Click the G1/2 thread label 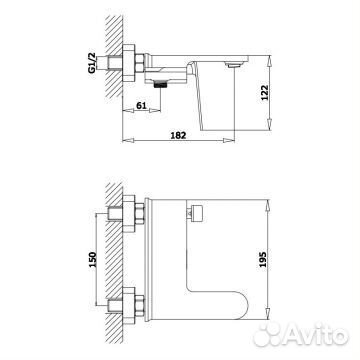coord(92,63)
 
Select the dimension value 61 coord(141,105)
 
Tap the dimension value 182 coord(178,135)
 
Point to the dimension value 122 coord(264,93)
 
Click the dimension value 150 coord(92,259)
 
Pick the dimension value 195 coord(262,259)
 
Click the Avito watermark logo coord(301,334)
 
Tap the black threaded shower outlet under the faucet coord(161,85)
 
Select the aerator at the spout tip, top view coord(232,65)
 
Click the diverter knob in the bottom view coord(197,212)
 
